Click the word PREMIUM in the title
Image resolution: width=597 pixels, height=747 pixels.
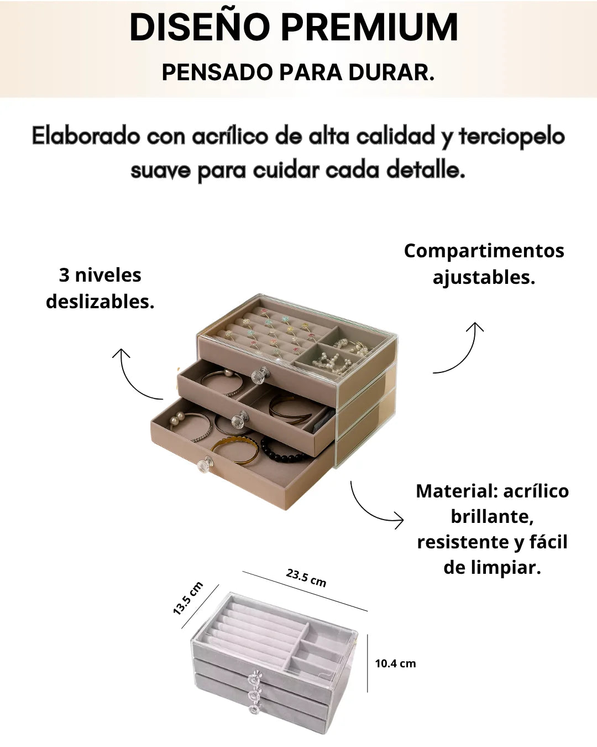click(370, 28)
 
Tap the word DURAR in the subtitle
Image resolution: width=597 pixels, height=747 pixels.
click(391, 72)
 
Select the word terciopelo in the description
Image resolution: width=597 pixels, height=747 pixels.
click(512, 137)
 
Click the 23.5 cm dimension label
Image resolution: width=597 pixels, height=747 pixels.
click(306, 578)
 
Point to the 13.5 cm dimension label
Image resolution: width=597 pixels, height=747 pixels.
click(188, 598)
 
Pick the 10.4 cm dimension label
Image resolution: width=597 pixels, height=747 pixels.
click(395, 663)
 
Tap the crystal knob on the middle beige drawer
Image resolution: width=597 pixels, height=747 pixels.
click(240, 419)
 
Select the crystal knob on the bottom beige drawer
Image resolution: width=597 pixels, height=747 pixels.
click(205, 464)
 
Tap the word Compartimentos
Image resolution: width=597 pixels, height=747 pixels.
click(484, 251)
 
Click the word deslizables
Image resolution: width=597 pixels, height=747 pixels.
click(100, 302)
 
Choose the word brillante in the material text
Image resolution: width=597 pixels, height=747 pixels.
click(492, 516)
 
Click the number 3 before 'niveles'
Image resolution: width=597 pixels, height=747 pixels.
click(64, 275)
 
